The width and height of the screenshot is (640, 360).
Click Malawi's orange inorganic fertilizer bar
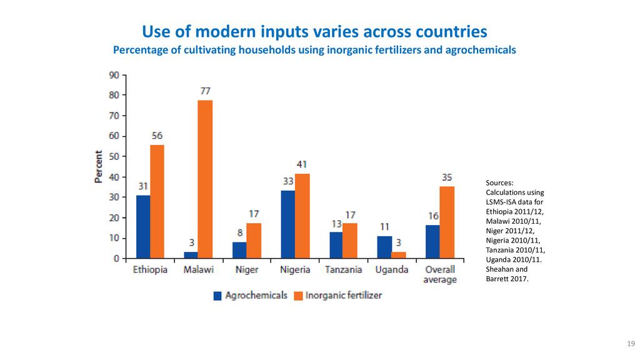pos(205,179)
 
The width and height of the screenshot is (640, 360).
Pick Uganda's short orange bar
pos(398,255)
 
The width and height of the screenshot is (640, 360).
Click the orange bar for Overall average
pos(447,222)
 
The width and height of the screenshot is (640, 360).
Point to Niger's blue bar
pos(239,250)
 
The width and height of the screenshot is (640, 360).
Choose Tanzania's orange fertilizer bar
pos(350,241)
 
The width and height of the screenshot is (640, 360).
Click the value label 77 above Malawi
pos(205,91)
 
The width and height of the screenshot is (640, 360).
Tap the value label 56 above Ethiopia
pos(157,136)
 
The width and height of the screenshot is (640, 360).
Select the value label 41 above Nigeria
pos(302,164)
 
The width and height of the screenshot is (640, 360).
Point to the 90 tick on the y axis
pos(114,75)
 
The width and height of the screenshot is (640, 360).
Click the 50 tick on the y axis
pos(114,157)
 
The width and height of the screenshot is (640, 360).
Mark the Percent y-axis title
pos(99,166)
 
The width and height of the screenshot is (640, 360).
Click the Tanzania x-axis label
pos(343,270)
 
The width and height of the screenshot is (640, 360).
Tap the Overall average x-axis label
pos(440,275)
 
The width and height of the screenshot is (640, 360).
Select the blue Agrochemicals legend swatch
pos(217,296)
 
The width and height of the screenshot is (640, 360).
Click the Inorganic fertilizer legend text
pos(343,295)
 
